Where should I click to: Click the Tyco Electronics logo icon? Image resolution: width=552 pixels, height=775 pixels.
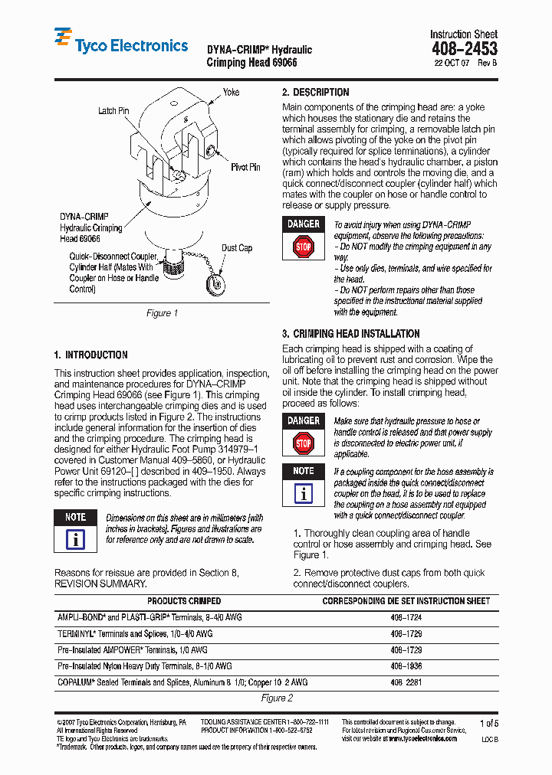pyautogui.click(x=63, y=39)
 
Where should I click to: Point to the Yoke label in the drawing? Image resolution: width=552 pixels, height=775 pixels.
pyautogui.click(x=231, y=92)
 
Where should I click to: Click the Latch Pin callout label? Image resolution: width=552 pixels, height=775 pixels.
pyautogui.click(x=113, y=111)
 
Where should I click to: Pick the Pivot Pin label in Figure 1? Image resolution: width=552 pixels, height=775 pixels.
pyautogui.click(x=245, y=167)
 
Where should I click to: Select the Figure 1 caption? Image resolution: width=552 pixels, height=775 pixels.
pyautogui.click(x=162, y=313)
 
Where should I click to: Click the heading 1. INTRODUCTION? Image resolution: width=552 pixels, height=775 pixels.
pyautogui.click(x=90, y=355)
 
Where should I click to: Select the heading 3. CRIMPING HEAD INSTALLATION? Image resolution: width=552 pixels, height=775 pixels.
pyautogui.click(x=350, y=334)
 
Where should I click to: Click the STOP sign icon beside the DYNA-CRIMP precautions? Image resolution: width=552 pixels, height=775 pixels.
pyautogui.click(x=304, y=247)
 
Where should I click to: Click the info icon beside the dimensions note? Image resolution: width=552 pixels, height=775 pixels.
pyautogui.click(x=75, y=539)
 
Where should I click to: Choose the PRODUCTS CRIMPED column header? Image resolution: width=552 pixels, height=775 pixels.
pyautogui.click(x=184, y=601)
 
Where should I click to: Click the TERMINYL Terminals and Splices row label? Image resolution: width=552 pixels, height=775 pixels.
pyautogui.click(x=136, y=634)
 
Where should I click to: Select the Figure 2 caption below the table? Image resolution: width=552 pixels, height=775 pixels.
pyautogui.click(x=277, y=698)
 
